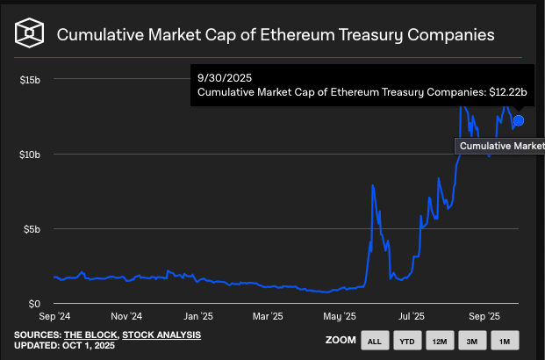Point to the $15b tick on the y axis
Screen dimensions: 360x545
point(30,79)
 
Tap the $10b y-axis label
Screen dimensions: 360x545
point(30,154)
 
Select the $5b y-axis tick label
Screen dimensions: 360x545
point(32,228)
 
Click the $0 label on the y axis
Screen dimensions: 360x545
point(36,303)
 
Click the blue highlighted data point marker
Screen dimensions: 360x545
point(519,120)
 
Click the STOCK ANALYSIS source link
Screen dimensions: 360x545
point(161,335)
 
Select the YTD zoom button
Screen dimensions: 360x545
point(406,340)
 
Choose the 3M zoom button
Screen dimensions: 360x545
point(471,340)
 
